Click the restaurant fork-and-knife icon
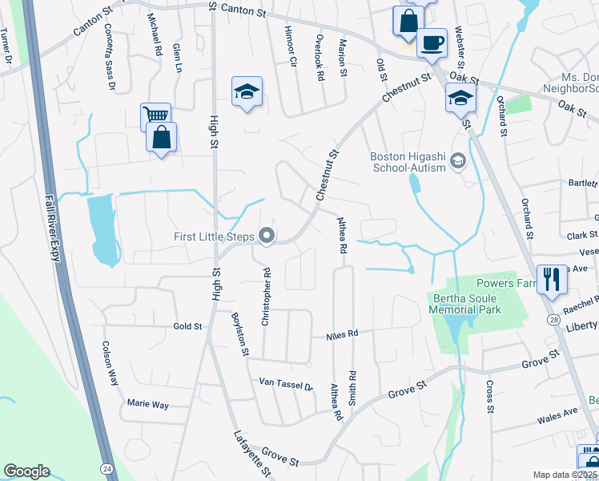[x=552, y=279]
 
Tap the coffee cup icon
[x=432, y=42]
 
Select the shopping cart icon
[x=155, y=115]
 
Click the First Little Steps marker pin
[x=267, y=236]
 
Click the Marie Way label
[x=147, y=406]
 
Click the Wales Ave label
[x=558, y=413]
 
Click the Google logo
[x=26, y=471]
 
